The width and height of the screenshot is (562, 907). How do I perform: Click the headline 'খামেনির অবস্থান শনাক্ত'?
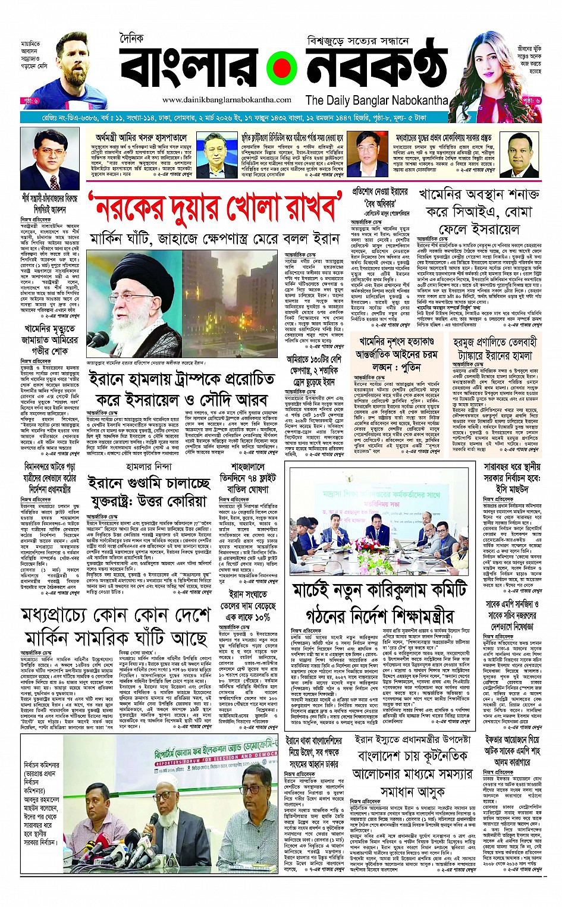pos(479,194)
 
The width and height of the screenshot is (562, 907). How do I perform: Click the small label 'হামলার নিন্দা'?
pos(148,467)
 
